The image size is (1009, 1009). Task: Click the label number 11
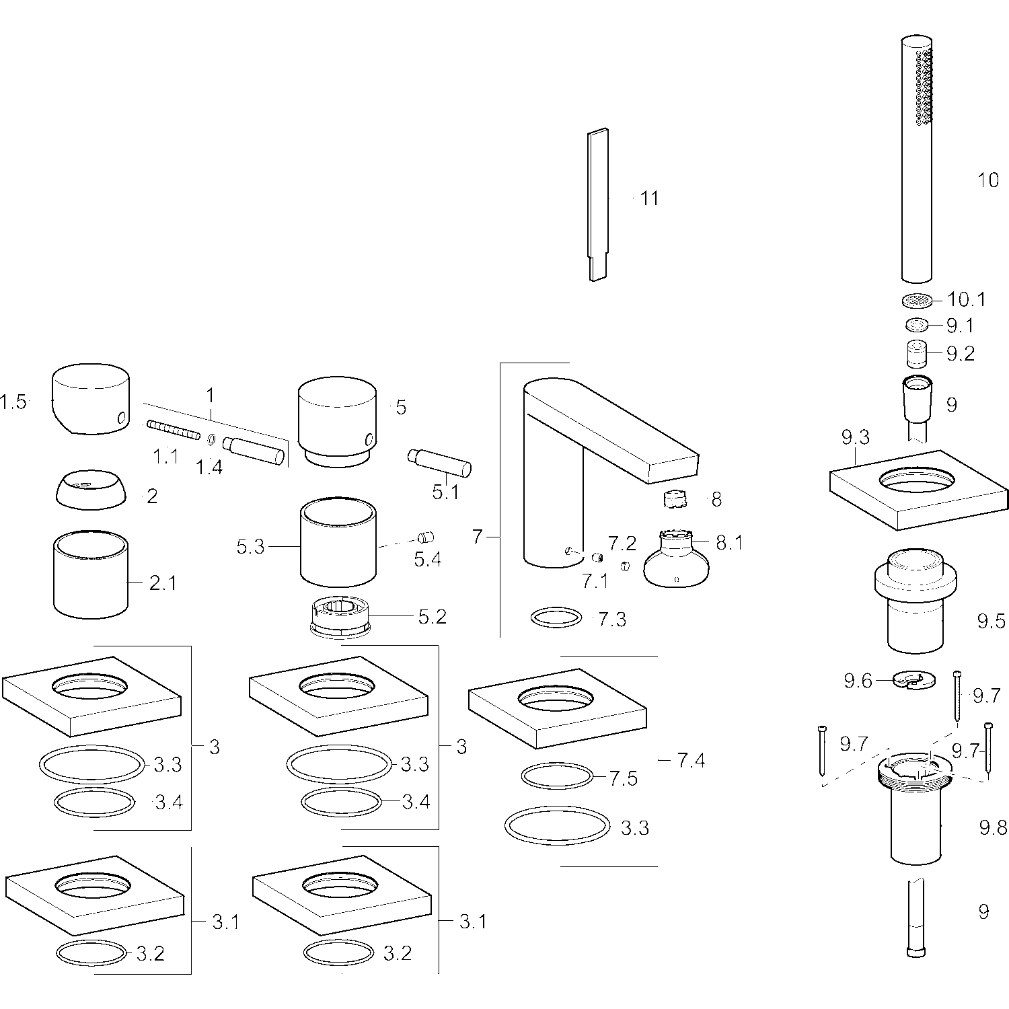pos(649,198)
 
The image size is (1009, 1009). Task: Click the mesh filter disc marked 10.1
pos(916,301)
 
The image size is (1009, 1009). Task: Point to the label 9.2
pos(960,354)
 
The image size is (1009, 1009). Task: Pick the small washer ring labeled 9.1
pos(916,326)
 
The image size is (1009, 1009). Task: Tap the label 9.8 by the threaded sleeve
pos(993,827)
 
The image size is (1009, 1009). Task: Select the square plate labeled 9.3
pos(918,498)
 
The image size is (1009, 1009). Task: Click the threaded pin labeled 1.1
pos(174,429)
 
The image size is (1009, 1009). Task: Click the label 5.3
pos(250,548)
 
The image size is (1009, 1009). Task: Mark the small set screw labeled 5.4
pos(425,537)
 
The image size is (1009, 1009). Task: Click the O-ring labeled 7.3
pos(556,618)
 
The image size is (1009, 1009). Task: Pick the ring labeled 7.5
pos(557,777)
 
